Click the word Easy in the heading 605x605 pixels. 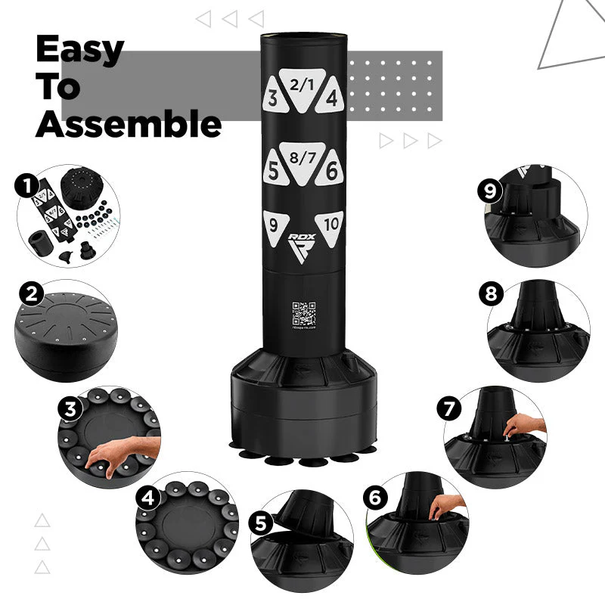[79, 50]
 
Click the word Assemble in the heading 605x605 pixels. [129, 123]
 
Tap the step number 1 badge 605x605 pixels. [28, 185]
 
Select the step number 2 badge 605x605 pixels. [31, 294]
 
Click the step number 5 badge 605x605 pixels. [262, 523]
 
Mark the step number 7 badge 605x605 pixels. [449, 409]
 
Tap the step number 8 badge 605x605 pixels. [491, 294]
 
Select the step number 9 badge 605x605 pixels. [489, 191]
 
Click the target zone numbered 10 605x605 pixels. [330, 225]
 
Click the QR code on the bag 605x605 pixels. [303, 313]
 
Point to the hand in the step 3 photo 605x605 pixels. [113, 453]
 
